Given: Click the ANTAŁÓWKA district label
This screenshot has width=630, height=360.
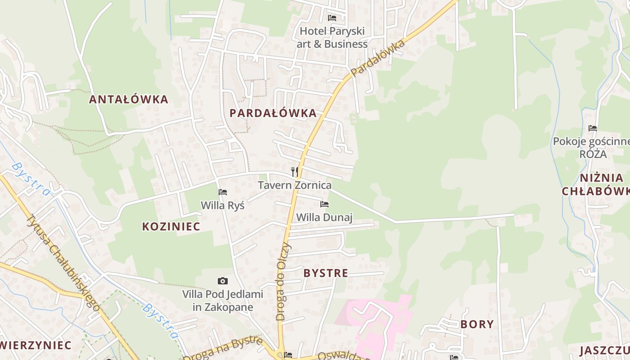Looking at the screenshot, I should coord(128,99).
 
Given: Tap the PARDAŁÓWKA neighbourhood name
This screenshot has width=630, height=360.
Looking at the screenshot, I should coord(273,113).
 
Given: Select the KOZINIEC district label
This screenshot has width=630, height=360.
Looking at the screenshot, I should coord(171,226).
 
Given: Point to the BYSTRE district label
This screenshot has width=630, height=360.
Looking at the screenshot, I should coord(325,273).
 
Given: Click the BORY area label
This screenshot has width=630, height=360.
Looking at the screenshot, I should coord(477,324).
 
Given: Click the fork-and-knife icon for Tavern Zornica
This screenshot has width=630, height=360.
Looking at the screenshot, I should coord(295,171).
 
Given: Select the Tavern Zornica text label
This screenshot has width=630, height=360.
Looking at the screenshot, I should coord(295,185).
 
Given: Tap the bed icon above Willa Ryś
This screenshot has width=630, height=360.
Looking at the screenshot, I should coord(222,192).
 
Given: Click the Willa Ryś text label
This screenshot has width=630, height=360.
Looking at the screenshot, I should coord(222,206).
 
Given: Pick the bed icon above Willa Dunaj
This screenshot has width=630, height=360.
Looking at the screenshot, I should coord(324,204).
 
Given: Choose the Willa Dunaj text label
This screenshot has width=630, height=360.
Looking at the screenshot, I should coord(324,218).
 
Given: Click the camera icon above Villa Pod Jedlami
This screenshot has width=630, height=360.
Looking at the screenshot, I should coord(222,281).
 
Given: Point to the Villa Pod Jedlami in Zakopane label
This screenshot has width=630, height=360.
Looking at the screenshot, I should coord(222,301).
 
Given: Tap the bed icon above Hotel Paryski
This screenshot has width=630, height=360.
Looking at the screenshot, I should coord(332,18).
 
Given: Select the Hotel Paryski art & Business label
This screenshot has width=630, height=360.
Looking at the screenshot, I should coord(332,38).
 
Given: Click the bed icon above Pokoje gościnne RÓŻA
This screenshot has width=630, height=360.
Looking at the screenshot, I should coord(592,128).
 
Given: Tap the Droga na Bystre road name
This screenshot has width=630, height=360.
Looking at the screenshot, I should coord(223,349).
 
